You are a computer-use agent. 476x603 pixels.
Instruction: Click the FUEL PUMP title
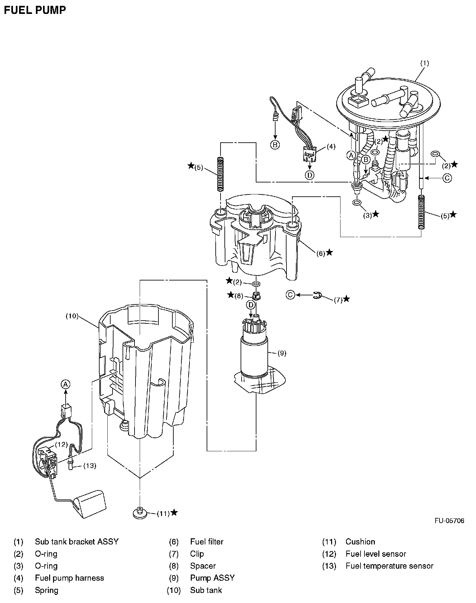(x=35, y=10)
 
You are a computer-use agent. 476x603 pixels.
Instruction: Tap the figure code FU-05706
(x=449, y=521)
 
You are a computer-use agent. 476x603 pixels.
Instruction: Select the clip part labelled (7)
(x=318, y=295)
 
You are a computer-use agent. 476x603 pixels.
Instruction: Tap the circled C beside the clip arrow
(x=290, y=295)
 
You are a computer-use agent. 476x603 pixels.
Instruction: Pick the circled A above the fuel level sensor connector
(x=66, y=384)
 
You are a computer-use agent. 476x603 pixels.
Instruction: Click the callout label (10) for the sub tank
(x=72, y=316)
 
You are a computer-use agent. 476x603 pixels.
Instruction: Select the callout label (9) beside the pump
(x=282, y=353)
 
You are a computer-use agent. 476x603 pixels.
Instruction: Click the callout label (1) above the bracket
(x=424, y=63)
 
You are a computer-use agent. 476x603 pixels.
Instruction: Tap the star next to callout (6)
(x=329, y=252)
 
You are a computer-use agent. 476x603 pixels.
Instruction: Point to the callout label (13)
(x=90, y=466)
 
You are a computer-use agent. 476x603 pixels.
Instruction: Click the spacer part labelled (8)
(x=256, y=295)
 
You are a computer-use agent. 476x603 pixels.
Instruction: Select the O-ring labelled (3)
(x=357, y=203)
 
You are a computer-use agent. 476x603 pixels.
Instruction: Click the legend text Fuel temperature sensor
(x=389, y=566)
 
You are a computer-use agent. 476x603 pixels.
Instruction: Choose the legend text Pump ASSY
(x=212, y=578)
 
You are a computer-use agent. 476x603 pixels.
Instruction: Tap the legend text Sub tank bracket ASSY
(x=77, y=542)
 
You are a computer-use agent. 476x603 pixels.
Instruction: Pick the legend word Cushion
(x=360, y=542)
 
